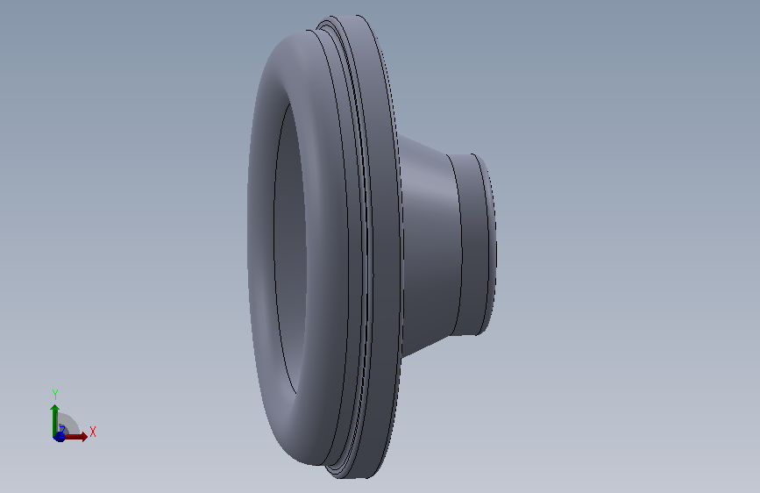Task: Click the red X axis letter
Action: click(x=93, y=432)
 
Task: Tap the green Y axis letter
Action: click(x=55, y=394)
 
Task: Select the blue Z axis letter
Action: click(x=62, y=430)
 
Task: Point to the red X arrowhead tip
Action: click(x=88, y=437)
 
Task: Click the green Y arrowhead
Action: click(x=54, y=408)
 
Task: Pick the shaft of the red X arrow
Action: click(x=73, y=437)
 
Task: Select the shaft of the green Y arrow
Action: click(x=54, y=423)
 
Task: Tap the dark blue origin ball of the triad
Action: click(x=59, y=437)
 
